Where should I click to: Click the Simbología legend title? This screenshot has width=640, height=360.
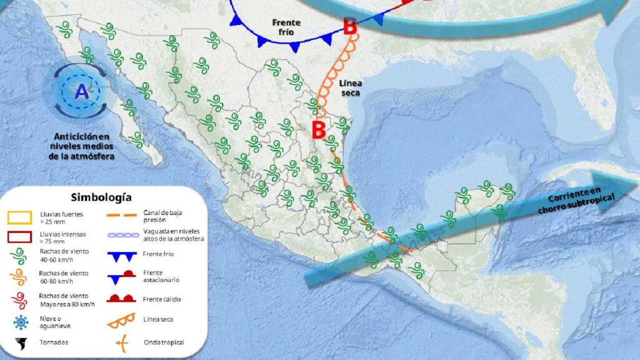tap(101, 197)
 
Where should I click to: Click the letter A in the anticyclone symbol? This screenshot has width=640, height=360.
tap(82, 92)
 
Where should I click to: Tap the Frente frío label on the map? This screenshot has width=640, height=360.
tap(287, 27)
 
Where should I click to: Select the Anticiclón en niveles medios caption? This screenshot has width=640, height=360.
tap(81, 146)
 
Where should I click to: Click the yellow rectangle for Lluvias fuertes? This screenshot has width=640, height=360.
tap(19, 216)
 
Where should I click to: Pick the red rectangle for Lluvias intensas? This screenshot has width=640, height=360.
tap(19, 237)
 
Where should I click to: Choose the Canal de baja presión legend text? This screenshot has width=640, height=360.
tap(158, 216)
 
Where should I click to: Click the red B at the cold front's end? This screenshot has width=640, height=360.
tap(350, 26)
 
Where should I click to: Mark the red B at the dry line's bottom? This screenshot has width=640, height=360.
tap(319, 130)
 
